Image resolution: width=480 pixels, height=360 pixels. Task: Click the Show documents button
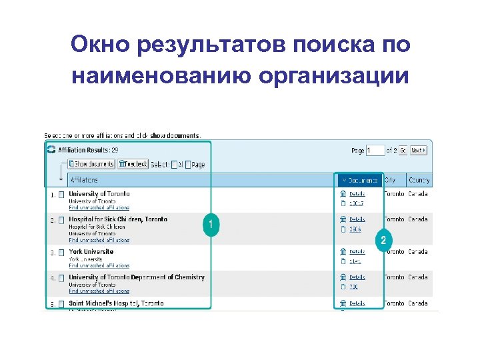(x=93, y=163)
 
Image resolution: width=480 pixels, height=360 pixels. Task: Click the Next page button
(x=419, y=151)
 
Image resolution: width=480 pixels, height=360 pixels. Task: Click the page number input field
(x=376, y=151)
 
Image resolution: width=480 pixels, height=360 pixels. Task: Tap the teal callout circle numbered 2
(x=383, y=240)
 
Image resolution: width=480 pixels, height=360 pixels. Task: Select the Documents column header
(x=360, y=180)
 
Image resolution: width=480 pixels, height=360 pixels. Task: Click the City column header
(x=391, y=180)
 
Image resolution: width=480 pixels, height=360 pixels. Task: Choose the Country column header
(x=419, y=180)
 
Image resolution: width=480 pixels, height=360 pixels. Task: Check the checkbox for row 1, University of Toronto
(x=61, y=195)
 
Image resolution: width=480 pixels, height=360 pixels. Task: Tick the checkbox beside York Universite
(x=61, y=253)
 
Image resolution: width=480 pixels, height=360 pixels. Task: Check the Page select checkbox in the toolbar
(x=188, y=164)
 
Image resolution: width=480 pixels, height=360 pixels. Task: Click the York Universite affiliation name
(x=91, y=252)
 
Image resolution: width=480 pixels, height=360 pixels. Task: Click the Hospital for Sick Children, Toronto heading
(x=118, y=219)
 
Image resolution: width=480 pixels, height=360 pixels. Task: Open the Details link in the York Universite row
(x=357, y=252)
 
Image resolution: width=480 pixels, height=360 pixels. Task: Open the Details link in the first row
(x=357, y=194)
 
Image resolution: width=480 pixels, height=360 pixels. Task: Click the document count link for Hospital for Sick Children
(x=355, y=229)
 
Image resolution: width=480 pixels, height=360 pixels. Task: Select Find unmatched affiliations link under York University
(x=99, y=265)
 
